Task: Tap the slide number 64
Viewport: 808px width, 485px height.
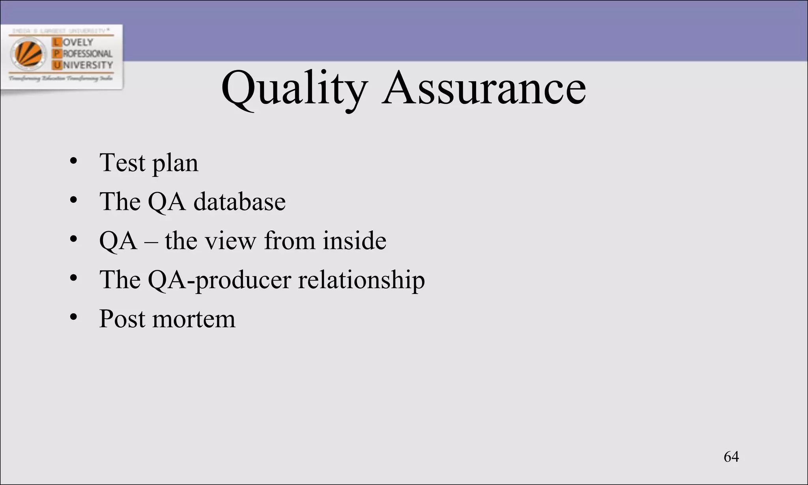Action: [x=731, y=457]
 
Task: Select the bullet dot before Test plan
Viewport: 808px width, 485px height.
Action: [x=73, y=161]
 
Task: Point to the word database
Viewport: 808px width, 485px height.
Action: [x=239, y=202]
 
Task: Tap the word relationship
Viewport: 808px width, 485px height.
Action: [x=361, y=280]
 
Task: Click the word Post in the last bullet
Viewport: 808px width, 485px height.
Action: [x=122, y=319]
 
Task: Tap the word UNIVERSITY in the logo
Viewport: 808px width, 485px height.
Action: [x=88, y=65]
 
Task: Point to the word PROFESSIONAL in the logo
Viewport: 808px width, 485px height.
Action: [x=88, y=54]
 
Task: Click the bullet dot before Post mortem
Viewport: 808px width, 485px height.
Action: [x=73, y=317]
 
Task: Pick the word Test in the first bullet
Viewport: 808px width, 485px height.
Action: [x=122, y=163]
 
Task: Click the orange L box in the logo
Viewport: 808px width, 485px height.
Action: [x=57, y=42]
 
